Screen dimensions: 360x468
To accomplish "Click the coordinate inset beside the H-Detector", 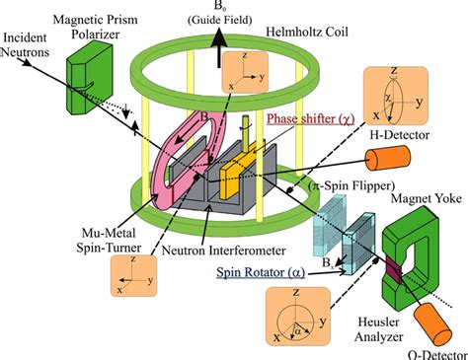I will pos(392,98).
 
